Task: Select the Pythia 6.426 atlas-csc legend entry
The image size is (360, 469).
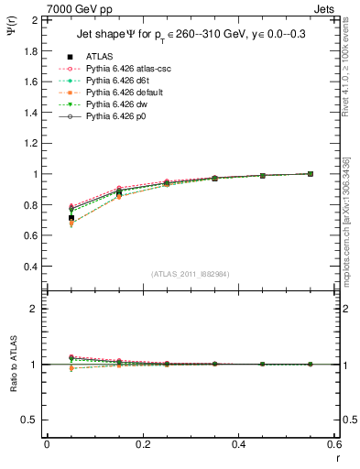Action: click(121, 68)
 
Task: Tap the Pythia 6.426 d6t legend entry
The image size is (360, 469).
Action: click(114, 80)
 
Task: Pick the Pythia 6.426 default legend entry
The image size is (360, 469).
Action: click(119, 92)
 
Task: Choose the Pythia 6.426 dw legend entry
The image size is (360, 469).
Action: click(113, 104)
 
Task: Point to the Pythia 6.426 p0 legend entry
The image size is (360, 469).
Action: click(113, 115)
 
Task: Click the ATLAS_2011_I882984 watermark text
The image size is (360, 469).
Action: click(191, 274)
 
